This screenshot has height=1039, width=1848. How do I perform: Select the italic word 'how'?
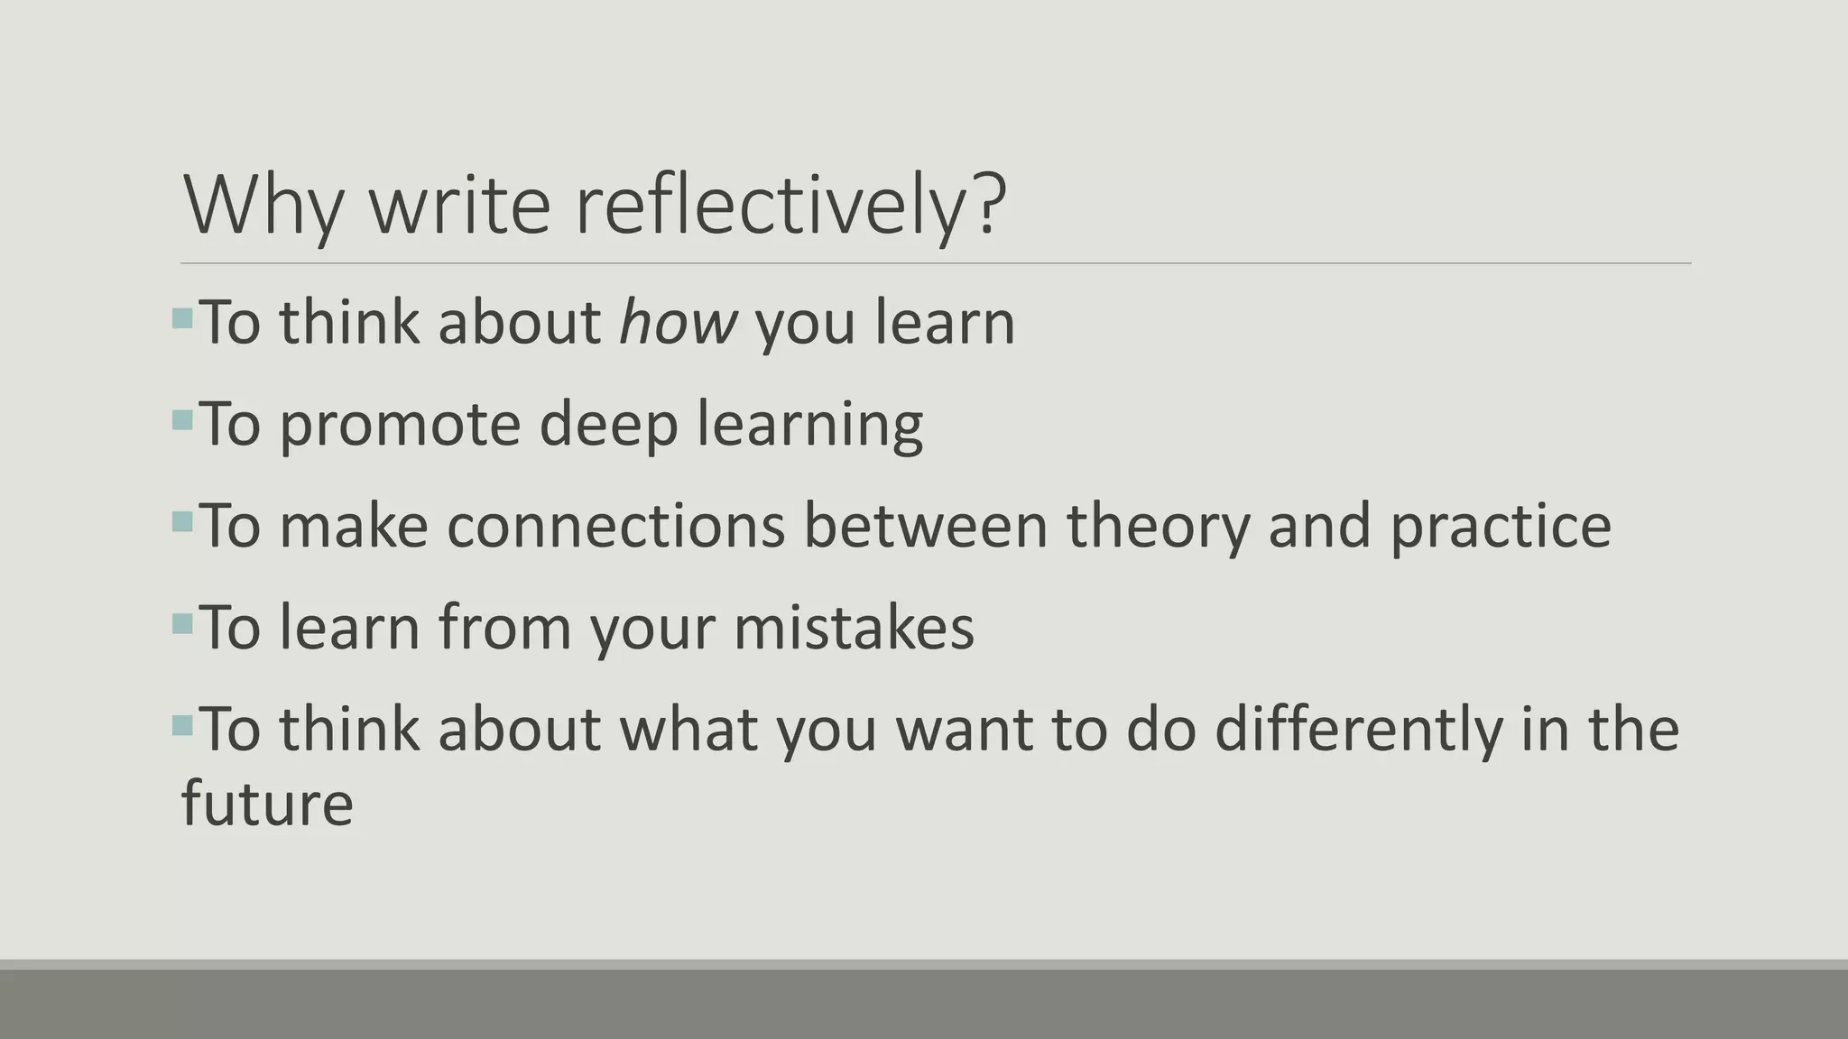click(x=678, y=322)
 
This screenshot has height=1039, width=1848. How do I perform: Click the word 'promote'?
click(x=400, y=424)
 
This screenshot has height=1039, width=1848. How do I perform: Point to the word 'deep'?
click(x=608, y=424)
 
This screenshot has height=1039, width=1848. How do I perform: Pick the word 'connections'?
click(x=616, y=526)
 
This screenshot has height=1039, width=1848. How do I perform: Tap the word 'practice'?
click(x=1500, y=526)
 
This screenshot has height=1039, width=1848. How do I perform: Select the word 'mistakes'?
click(x=854, y=628)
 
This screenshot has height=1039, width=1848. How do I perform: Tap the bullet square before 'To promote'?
click(x=182, y=419)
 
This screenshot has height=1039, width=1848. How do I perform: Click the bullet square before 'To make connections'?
click(x=182, y=521)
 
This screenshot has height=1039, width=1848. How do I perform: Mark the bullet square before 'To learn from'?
click(x=182, y=623)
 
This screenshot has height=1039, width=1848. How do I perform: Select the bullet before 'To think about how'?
click(x=182, y=317)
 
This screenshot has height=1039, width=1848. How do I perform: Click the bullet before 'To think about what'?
click(x=182, y=724)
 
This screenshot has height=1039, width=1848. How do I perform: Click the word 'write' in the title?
click(x=459, y=207)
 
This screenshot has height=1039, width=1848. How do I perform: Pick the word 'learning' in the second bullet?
click(x=810, y=424)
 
